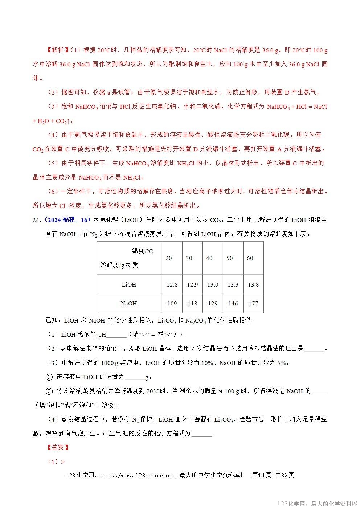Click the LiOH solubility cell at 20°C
(x=172, y=285)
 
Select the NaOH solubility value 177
(x=253, y=303)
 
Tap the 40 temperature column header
(x=209, y=258)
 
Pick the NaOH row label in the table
(x=129, y=303)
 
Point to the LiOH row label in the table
(x=129, y=285)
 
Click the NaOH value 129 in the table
(x=213, y=303)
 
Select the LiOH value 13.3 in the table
(x=233, y=285)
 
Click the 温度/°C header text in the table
(x=142, y=251)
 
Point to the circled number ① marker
(x=49, y=377)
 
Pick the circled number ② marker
(x=49, y=391)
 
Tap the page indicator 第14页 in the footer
(x=262, y=475)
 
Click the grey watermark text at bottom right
(x=317, y=504)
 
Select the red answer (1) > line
(x=56, y=461)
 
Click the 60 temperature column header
(x=250, y=258)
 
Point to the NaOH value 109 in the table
(x=172, y=303)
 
